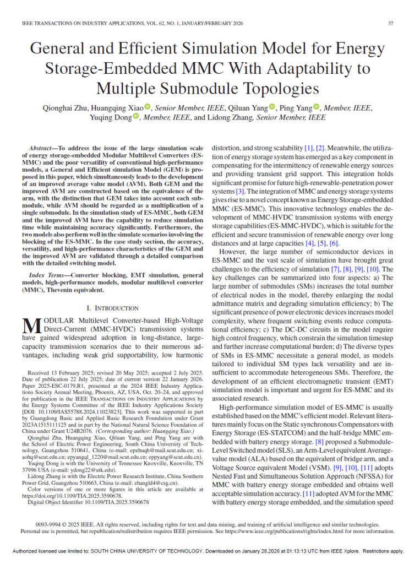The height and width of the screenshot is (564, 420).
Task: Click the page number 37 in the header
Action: click(390, 23)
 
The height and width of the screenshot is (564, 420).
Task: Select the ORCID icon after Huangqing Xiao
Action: click(148, 107)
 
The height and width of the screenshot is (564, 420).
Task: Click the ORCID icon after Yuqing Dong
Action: click(137, 117)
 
